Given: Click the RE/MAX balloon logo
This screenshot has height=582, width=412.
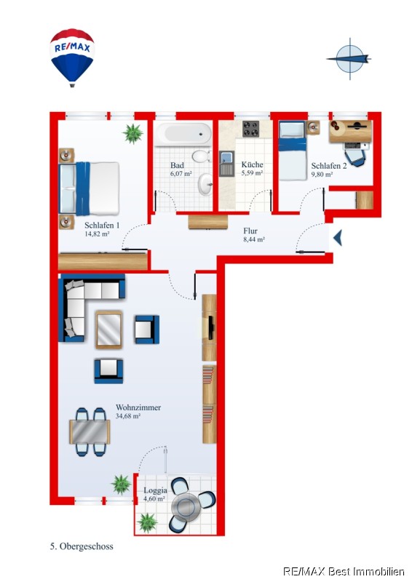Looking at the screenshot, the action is [73, 58].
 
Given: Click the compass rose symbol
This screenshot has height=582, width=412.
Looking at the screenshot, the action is [349, 59].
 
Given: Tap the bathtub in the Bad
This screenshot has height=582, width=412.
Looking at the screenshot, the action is [183, 133].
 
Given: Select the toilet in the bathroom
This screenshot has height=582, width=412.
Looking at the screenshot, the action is [201, 156].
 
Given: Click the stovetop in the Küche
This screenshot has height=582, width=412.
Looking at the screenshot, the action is [250, 129].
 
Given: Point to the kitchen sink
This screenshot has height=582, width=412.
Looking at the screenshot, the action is [226, 163].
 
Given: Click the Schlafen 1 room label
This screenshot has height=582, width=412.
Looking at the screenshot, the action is [102, 226].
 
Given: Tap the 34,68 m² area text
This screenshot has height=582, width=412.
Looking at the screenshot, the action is [128, 416].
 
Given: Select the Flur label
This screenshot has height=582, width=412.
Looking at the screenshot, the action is [250, 231].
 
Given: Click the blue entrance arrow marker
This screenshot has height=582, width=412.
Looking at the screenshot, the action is [338, 238].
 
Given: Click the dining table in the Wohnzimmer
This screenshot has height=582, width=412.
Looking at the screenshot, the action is [90, 431].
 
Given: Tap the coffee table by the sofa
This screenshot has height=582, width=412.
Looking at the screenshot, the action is [109, 330].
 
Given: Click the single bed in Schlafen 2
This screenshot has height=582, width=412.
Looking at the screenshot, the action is [293, 151].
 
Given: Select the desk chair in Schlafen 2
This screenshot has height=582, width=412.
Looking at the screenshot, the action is [354, 155].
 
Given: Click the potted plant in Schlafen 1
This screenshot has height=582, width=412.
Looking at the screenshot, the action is [132, 134].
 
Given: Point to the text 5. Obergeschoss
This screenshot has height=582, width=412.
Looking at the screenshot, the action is [82, 546].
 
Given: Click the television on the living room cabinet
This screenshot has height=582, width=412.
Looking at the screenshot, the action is [211, 327].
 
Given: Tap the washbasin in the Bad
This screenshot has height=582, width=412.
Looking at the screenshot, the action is [205, 184].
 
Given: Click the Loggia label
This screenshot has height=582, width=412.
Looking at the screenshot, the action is [155, 490].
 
